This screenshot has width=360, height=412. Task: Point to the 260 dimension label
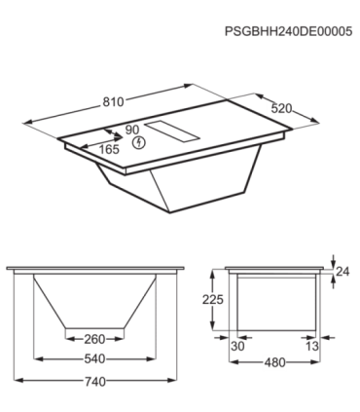[94, 340]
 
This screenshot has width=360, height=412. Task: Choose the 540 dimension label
[94, 359]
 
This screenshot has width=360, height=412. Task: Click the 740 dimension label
[94, 381]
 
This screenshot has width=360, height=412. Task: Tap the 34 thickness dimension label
[342, 270]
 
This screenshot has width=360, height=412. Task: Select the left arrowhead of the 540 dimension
[36, 359]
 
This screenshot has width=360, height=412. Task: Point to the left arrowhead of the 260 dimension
[66, 340]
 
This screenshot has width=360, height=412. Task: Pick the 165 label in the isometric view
[110, 150]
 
